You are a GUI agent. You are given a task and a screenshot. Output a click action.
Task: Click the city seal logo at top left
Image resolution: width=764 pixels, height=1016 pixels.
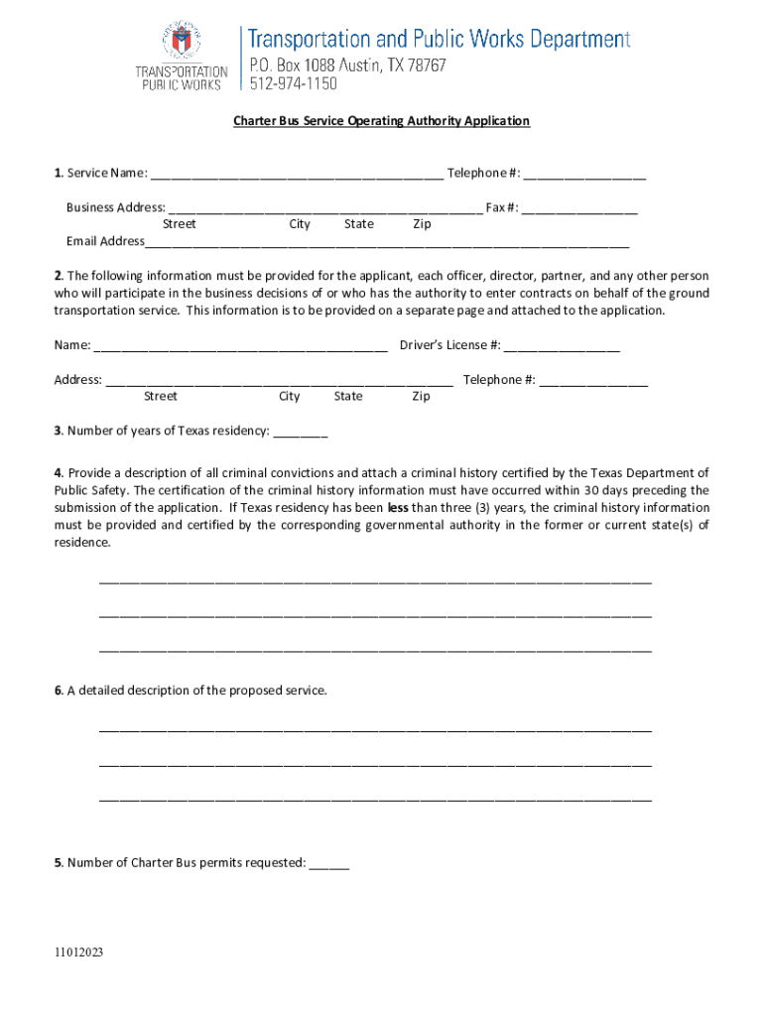(180, 42)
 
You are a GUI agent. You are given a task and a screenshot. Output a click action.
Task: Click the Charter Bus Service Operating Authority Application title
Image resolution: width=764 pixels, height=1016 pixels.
(381, 121)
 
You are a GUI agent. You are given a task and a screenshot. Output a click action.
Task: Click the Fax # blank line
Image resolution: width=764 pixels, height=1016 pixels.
(579, 209)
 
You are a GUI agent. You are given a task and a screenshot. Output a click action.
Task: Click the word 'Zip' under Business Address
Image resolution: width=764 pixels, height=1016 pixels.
(422, 224)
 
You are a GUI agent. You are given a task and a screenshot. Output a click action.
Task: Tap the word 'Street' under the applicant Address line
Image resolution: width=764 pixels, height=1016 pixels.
(160, 397)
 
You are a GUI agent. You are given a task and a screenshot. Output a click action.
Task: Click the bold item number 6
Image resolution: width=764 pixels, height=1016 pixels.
(59, 691)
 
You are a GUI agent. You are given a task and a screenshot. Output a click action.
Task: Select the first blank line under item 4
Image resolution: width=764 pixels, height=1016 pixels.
(375, 581)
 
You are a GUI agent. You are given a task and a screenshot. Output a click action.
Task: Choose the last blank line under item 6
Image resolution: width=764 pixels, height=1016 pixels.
(375, 798)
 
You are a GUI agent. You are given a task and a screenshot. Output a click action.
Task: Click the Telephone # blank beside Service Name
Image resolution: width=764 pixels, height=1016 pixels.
(584, 175)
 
